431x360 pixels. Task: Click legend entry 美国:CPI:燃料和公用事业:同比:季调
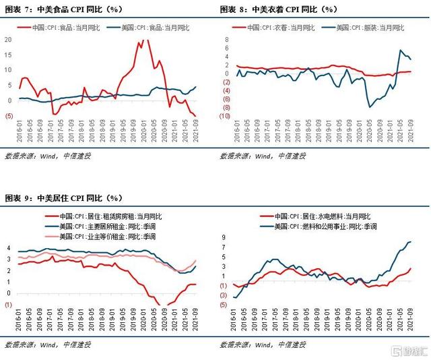pyautogui.click(x=329, y=227)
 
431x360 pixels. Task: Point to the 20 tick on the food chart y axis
pyautogui.click(x=8, y=39)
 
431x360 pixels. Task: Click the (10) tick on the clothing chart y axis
pyautogui.click(x=227, y=116)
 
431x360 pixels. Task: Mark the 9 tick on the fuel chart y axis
pyautogui.click(x=224, y=238)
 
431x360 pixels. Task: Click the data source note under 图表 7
pyautogui.click(x=47, y=156)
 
